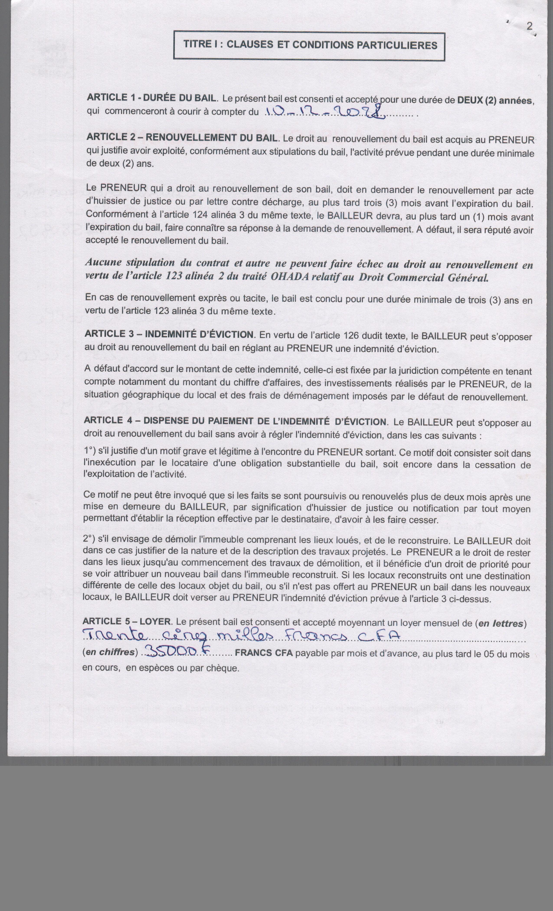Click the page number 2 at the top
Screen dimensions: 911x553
point(530,27)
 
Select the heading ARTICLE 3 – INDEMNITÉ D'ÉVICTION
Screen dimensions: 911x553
point(170,334)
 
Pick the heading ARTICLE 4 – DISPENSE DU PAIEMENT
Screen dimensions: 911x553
point(235,421)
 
